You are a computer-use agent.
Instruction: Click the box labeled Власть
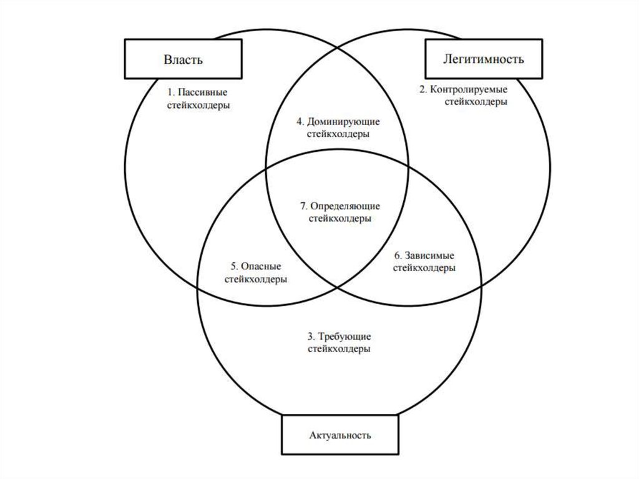click(x=183, y=60)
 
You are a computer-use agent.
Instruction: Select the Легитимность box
click(x=483, y=59)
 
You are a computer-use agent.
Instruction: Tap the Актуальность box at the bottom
click(x=339, y=435)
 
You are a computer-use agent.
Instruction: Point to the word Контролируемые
click(x=468, y=89)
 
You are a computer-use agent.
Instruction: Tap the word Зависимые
click(x=430, y=255)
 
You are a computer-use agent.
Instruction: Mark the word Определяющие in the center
click(x=345, y=206)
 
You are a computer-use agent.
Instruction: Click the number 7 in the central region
click(x=302, y=206)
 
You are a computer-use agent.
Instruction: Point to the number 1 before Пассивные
click(x=170, y=92)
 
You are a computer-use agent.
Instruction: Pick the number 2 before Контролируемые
click(x=422, y=89)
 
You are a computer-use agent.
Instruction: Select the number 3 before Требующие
click(x=311, y=336)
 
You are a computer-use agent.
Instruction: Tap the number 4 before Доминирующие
click(x=298, y=121)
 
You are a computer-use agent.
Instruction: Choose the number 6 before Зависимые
click(x=398, y=255)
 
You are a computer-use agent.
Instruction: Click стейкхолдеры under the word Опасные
click(x=255, y=279)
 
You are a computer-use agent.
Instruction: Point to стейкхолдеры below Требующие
click(x=339, y=349)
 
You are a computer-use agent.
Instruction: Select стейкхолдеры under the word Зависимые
click(x=424, y=268)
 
